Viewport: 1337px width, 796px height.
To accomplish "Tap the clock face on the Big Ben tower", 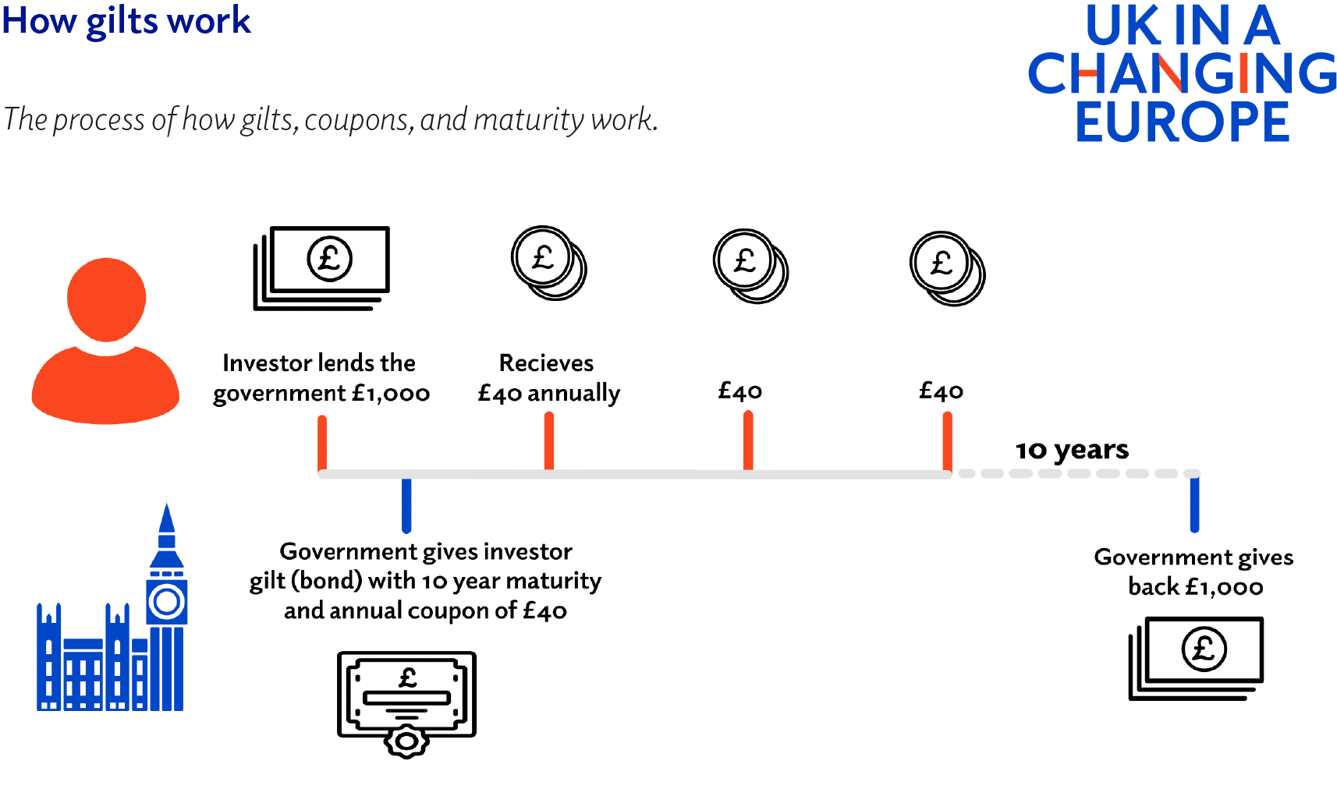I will [166, 602].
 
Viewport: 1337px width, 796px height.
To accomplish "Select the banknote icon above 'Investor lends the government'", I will [321, 267].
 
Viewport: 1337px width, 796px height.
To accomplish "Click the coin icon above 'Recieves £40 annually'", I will [548, 263].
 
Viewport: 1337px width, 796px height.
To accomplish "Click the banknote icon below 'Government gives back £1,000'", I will [1196, 658].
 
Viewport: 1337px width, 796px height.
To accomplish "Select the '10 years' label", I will [1072, 450].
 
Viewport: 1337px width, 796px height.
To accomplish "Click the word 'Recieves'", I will [546, 363].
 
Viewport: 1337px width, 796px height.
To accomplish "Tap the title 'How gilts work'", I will [126, 20].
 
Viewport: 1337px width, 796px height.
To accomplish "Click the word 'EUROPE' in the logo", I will [1182, 122].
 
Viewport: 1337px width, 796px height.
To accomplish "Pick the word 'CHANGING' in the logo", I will [1182, 74].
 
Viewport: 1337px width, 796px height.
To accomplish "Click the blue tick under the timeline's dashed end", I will [1194, 504].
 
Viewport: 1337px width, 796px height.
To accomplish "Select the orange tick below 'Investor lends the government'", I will [322, 443].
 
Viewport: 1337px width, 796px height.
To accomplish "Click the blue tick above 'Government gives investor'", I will [406, 505].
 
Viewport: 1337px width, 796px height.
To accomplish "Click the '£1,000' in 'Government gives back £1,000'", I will [1224, 587].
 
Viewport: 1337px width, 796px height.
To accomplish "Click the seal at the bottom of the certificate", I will [406, 741].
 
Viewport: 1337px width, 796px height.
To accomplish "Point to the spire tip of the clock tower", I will [166, 508].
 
